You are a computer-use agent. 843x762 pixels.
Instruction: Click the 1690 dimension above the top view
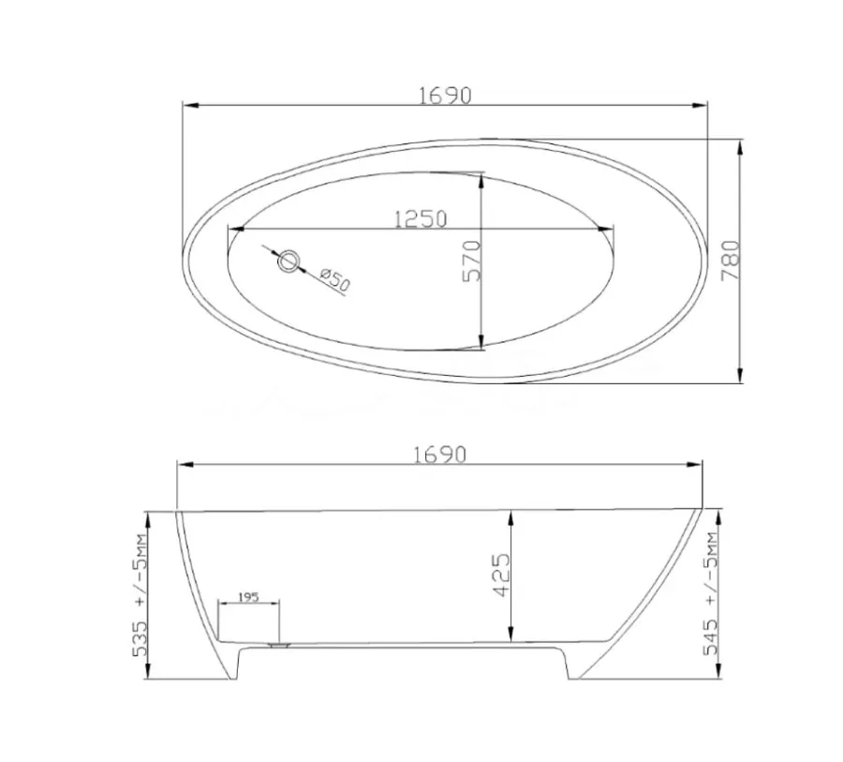445,96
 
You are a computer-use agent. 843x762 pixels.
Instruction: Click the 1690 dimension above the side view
440,455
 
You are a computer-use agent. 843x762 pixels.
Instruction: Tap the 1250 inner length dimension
421,219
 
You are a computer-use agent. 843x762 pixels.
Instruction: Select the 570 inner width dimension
471,261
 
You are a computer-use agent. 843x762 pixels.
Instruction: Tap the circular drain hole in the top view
288,261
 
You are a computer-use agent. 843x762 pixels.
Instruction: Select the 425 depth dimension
500,575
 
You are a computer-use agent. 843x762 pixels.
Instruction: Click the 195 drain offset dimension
248,597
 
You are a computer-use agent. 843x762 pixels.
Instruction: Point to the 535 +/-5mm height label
140,595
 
